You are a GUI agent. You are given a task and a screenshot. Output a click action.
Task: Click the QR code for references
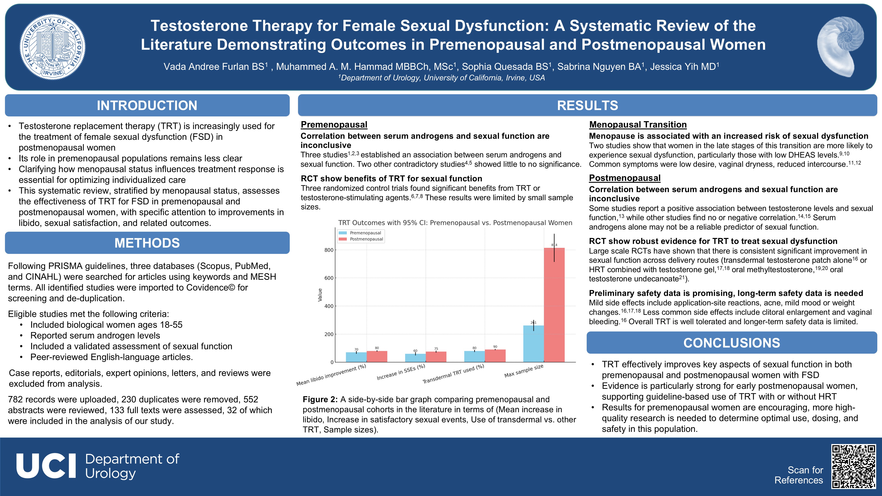pyautogui.click(x=854, y=466)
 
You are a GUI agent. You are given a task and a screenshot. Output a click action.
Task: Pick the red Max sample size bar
pyautogui.click(x=554, y=305)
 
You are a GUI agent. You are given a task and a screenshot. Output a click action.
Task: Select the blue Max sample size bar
pyautogui.click(x=534, y=344)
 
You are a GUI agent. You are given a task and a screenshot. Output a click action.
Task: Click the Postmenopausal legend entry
pyautogui.click(x=366, y=239)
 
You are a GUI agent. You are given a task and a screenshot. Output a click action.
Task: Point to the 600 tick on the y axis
pyautogui.click(x=329, y=278)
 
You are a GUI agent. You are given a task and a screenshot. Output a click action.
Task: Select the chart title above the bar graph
pyautogui.click(x=455, y=223)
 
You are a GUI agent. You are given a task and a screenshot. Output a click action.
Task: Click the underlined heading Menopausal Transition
pyautogui.click(x=638, y=125)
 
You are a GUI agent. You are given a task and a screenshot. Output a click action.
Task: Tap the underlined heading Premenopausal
pyautogui.click(x=334, y=125)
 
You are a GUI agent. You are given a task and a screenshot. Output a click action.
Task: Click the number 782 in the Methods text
pyautogui.click(x=15, y=400)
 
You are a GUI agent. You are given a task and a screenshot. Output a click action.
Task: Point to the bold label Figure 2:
pyautogui.click(x=320, y=400)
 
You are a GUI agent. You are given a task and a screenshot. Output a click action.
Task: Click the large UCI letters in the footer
pyautogui.click(x=46, y=466)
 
